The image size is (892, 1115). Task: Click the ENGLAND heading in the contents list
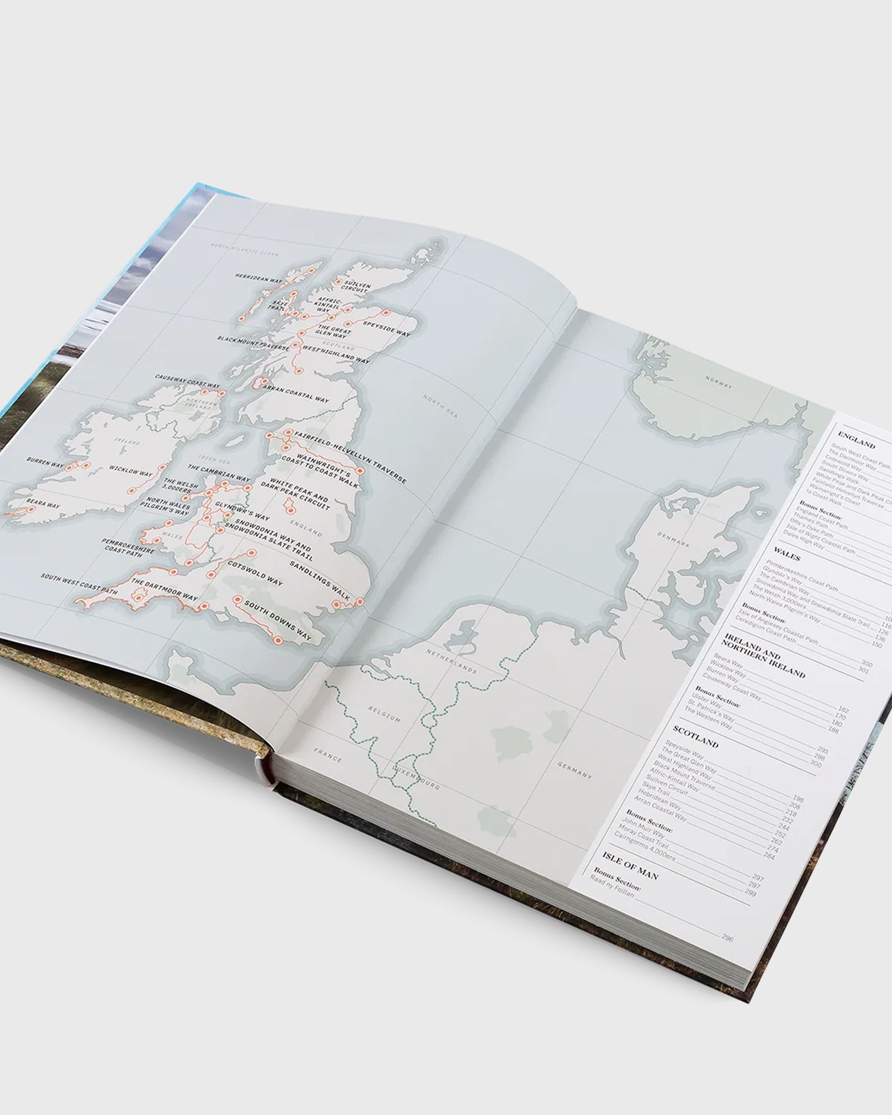(856, 444)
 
